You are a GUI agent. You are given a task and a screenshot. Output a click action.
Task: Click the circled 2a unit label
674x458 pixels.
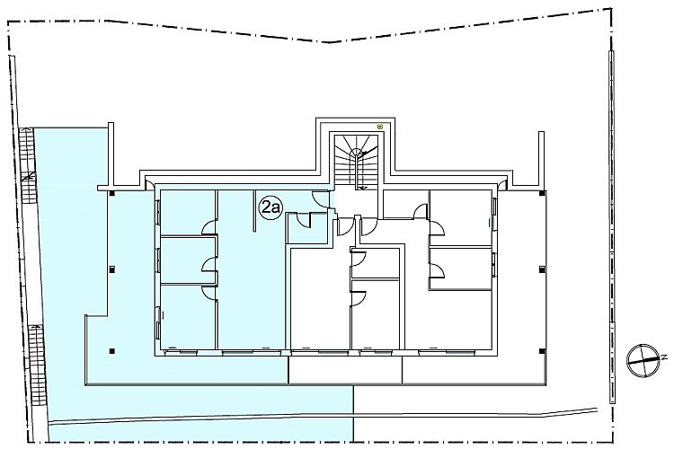pyautogui.click(x=270, y=208)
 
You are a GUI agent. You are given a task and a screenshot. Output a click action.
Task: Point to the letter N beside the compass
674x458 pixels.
pyautogui.click(x=664, y=357)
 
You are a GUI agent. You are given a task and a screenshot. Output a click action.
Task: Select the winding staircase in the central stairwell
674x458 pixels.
pyautogui.click(x=357, y=161)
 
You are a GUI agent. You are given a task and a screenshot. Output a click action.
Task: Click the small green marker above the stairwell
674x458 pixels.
pyautogui.click(x=380, y=127)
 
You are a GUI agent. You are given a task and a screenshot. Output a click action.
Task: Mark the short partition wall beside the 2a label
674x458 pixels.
pyautogui.click(x=254, y=211)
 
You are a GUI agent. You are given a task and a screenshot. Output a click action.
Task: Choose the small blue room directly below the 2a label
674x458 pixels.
pyautogui.click(x=307, y=229)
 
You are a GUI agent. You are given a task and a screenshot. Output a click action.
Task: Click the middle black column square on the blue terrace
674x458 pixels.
pyautogui.click(x=112, y=269)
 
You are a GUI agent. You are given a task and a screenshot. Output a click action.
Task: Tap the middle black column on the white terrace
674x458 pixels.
pyautogui.click(x=542, y=269)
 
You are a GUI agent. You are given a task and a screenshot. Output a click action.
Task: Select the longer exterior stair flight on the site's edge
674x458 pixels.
pyautogui.click(x=39, y=365)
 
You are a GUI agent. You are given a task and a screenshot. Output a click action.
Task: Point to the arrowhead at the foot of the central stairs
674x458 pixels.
pyautogui.click(x=362, y=188)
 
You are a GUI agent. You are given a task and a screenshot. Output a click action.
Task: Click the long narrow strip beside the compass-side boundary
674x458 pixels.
pyautogui.click(x=611, y=227)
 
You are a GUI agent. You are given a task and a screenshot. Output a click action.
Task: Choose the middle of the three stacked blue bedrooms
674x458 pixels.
pyautogui.click(x=188, y=260)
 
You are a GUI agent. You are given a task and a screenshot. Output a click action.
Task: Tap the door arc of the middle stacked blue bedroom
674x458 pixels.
pyautogui.click(x=209, y=265)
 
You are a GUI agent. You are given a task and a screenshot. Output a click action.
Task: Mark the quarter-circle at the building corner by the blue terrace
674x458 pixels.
pyautogui.click(x=150, y=184)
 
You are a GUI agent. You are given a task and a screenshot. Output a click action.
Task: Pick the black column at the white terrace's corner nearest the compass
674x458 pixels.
pyautogui.click(x=542, y=351)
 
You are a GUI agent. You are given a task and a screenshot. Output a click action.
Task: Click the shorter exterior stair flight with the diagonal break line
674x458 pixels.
pyautogui.click(x=29, y=165)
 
